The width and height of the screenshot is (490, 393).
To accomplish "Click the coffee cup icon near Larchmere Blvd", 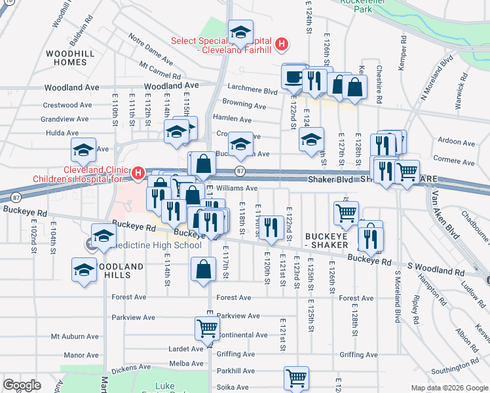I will (293, 76).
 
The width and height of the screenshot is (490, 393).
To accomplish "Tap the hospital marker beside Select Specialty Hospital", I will (281, 45).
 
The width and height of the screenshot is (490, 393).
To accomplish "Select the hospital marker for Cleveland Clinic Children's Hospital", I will (138, 174).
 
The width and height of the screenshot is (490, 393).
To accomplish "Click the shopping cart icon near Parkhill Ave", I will (296, 378).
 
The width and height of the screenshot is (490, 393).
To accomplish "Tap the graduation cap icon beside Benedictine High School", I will (104, 236).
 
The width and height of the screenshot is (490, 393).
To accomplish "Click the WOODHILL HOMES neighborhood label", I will (65, 57).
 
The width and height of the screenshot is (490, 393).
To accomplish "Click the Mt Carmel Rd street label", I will (156, 67).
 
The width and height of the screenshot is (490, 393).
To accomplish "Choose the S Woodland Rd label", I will (430, 269).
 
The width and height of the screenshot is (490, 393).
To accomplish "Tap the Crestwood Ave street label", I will (65, 105).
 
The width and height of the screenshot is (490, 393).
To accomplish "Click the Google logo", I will (22, 386).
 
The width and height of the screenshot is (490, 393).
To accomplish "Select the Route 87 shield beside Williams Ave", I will (241, 172).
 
